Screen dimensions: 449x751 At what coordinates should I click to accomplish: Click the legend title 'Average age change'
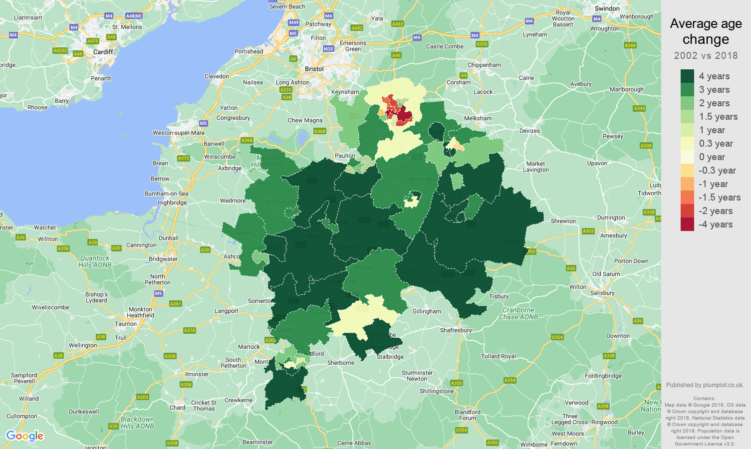click(x=706, y=31)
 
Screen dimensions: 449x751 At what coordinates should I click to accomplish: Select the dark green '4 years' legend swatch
click(x=687, y=76)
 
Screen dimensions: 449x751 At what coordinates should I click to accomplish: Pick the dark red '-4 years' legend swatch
click(x=687, y=224)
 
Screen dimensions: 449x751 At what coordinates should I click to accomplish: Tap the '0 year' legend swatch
click(x=687, y=157)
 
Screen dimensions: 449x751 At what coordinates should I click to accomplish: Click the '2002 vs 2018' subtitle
click(x=706, y=56)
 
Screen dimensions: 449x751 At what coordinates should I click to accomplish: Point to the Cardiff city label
click(x=103, y=52)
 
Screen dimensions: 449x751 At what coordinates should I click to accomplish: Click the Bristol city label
click(x=314, y=69)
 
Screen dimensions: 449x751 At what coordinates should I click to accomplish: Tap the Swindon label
click(x=607, y=8)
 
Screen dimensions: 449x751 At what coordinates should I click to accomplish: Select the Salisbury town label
click(x=602, y=293)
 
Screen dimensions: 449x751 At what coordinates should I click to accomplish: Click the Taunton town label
click(x=126, y=324)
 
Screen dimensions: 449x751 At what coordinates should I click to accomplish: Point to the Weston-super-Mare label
click(x=179, y=133)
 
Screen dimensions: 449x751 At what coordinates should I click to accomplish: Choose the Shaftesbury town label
click(x=456, y=330)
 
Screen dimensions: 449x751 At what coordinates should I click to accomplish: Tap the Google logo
click(x=25, y=436)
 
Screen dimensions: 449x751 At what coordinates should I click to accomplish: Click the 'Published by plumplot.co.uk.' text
click(x=705, y=385)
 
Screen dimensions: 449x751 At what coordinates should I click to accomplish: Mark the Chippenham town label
click(x=484, y=65)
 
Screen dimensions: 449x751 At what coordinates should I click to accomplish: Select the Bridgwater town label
click(x=163, y=259)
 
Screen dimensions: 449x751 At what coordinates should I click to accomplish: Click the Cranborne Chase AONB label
click(x=518, y=313)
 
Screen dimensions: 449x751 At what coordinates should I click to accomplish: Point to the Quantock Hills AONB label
click(x=95, y=261)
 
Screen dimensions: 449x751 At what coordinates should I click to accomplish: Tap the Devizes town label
click(x=529, y=131)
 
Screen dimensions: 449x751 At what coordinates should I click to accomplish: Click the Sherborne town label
click(x=341, y=363)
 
